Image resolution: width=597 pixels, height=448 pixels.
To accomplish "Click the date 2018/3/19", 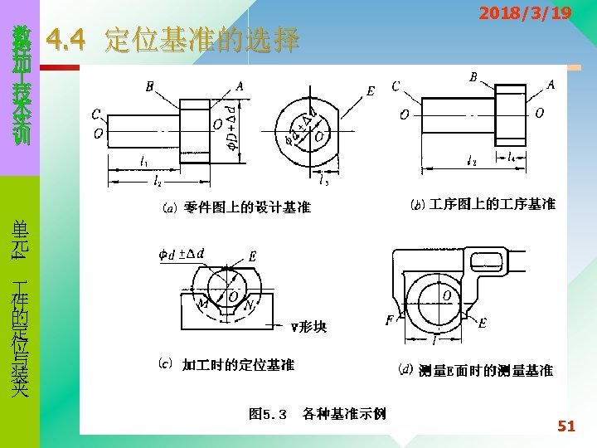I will point(526,13).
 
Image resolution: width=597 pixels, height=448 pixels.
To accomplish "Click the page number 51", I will point(566,426).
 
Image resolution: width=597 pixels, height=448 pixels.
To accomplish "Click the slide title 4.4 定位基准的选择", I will point(173,40).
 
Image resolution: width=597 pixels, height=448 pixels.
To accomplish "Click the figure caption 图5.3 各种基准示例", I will point(318,412).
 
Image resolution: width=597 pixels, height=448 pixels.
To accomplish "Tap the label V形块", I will point(308,326).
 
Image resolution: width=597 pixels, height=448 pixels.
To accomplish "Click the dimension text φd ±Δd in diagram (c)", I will point(182,253).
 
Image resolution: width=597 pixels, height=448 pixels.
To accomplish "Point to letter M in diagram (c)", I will point(202,304).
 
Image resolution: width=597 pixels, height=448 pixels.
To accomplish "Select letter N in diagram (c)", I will point(248,305).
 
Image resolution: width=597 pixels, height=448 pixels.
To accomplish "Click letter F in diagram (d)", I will point(389,320).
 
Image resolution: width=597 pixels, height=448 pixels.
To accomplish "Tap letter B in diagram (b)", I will point(473,77).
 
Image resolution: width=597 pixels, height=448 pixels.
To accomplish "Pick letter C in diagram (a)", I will point(97,114).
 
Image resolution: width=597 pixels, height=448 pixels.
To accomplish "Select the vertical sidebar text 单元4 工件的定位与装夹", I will point(19,307).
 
